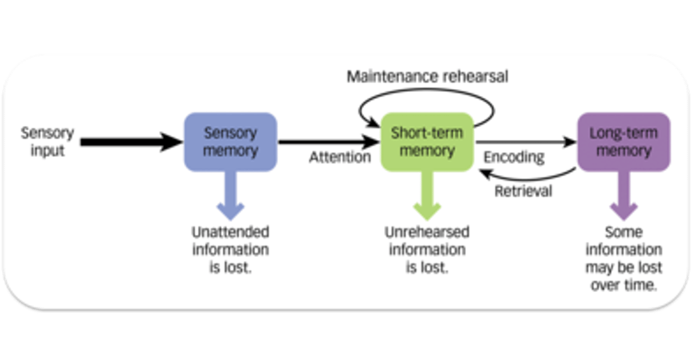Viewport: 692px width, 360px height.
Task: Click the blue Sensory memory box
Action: click(x=231, y=142)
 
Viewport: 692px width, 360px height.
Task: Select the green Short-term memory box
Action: click(x=427, y=142)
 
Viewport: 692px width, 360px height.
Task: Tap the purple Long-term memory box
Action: click(x=623, y=142)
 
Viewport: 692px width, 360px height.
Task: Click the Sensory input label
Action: click(x=47, y=142)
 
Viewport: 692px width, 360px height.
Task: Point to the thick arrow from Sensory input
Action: click(x=130, y=142)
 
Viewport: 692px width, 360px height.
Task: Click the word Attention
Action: click(x=340, y=157)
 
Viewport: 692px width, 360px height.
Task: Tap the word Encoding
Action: click(x=514, y=157)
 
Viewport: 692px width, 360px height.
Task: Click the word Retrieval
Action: click(x=523, y=191)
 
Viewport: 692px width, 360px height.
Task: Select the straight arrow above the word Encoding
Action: click(x=526, y=142)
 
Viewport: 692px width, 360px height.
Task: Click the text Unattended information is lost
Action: click(x=231, y=250)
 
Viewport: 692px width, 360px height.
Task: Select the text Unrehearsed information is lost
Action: click(x=427, y=250)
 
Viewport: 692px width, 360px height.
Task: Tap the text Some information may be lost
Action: click(x=623, y=259)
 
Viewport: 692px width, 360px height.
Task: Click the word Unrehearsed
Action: click(x=427, y=233)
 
